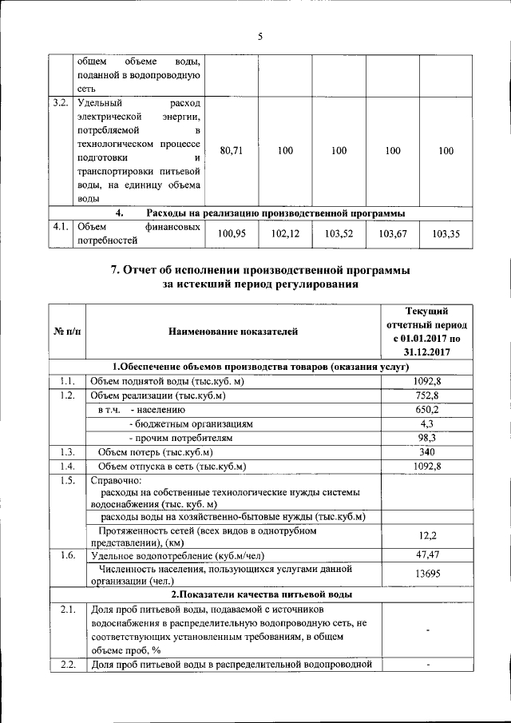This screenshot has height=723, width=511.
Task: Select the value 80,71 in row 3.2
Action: click(x=231, y=150)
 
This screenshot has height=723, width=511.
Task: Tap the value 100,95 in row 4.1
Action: click(x=231, y=234)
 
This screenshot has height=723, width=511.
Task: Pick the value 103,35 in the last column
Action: click(x=446, y=234)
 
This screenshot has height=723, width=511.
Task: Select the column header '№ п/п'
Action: click(x=67, y=331)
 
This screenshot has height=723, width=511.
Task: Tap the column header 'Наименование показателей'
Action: click(x=232, y=331)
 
